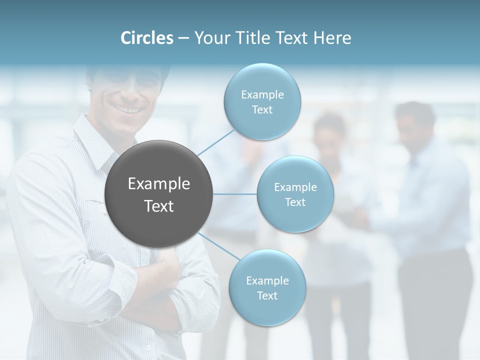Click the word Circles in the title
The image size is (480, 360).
click(147, 38)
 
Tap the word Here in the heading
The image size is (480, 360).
click(332, 38)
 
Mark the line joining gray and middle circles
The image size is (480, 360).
click(235, 194)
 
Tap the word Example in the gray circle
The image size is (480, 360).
click(159, 184)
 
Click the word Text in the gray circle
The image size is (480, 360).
click(159, 206)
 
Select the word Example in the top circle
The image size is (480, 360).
click(262, 94)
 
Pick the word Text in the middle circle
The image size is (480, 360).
click(295, 202)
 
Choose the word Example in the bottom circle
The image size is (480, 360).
click(267, 280)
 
